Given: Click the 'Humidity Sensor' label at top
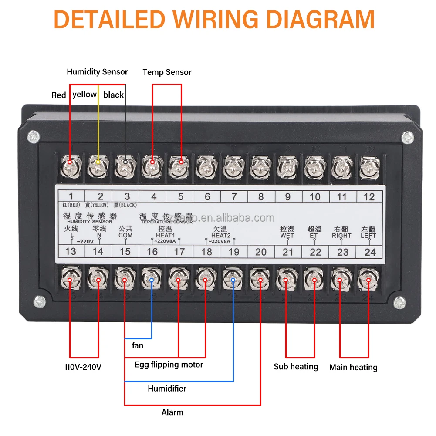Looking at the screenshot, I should pos(97,72).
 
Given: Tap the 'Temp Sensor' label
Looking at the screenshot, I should pos(167,72).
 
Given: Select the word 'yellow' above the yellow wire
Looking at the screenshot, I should pos(84,95).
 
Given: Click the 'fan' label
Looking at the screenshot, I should pos(138,345).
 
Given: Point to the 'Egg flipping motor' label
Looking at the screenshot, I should pos(169,364).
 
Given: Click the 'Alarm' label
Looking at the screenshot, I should pos(172,412).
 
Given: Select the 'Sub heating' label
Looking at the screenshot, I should pos(296,367).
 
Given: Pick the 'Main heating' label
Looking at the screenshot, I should pos(353,367).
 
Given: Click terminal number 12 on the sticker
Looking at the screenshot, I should pos(369,196).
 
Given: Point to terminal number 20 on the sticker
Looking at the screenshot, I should pos(261,252).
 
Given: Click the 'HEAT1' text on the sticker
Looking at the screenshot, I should pos(166,235).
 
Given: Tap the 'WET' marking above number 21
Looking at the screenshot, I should pos(287,235).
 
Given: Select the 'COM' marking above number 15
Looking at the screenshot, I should pos(125,235).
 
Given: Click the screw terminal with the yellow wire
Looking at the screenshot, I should pos(98,166).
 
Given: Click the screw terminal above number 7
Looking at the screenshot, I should pos(233,166).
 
